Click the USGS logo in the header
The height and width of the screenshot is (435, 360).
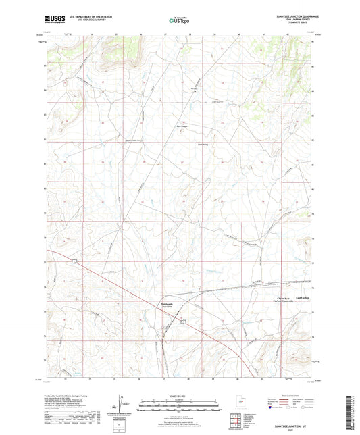coord(51,20)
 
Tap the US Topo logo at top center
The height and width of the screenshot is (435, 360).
coord(175,21)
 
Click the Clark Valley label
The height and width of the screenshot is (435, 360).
coord(183,144)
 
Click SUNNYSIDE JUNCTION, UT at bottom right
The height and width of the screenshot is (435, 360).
coord(297,426)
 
